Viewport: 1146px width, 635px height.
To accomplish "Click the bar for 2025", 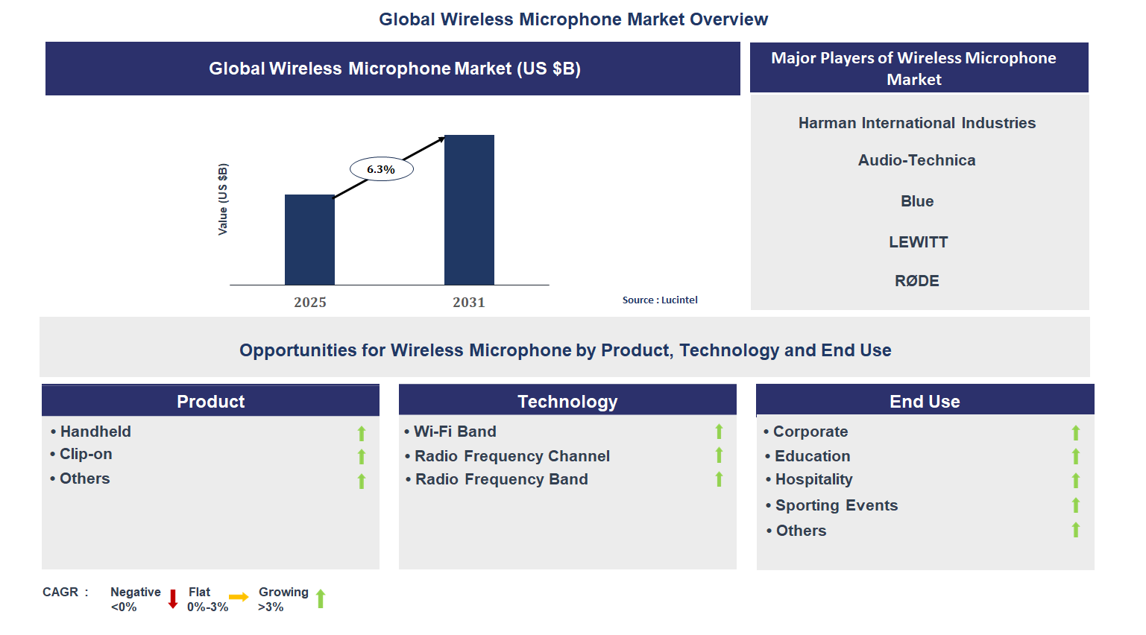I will (309, 239).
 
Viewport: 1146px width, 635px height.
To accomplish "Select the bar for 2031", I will (469, 209).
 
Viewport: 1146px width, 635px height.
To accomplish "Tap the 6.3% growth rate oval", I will (381, 169).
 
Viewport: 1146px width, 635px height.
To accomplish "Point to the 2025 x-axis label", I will (310, 302).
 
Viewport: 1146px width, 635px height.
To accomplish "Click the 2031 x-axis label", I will (469, 302).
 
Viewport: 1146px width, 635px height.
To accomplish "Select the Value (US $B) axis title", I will (223, 199).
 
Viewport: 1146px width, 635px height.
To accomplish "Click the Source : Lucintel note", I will (660, 300).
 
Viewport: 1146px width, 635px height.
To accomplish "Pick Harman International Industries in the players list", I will (917, 123).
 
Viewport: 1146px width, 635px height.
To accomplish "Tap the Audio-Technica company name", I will (917, 160).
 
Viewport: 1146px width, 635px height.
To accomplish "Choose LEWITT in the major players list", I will (918, 242).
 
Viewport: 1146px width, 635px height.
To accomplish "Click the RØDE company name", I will (917, 281).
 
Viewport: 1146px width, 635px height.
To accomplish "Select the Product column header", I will (211, 401).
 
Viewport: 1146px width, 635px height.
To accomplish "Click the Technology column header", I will (567, 401).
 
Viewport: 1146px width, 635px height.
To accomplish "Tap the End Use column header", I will (925, 401).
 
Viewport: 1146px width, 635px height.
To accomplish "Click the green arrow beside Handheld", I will (362, 433).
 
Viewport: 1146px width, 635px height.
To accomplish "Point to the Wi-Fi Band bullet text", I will (455, 432).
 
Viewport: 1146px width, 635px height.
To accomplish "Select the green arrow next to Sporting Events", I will (1076, 505).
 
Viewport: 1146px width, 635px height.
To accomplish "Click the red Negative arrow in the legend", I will (173, 598).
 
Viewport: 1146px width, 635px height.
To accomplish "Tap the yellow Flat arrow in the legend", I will (239, 597).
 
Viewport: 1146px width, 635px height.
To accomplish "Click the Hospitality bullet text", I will (813, 479).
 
